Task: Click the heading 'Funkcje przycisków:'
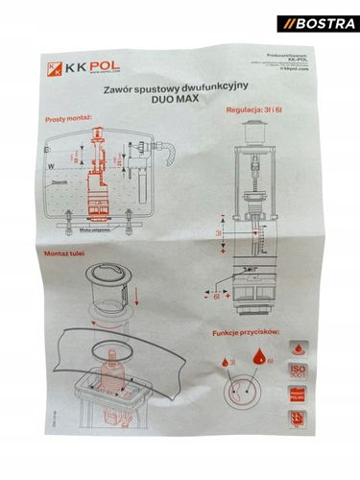click(243, 333)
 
